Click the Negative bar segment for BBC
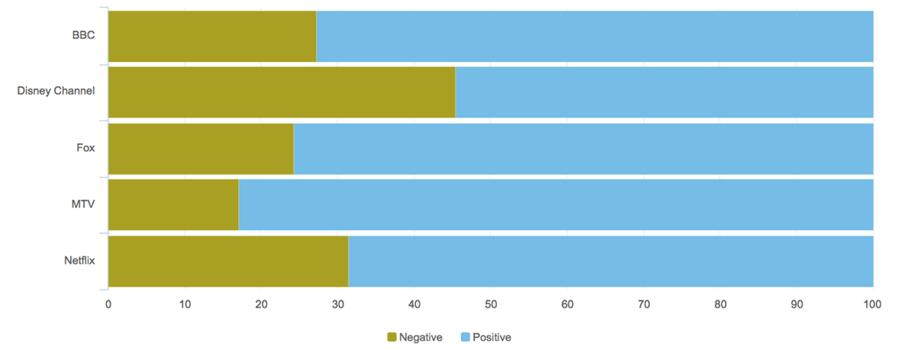tap(211, 37)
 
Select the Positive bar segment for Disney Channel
tap(664, 92)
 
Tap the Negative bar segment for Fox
tap(200, 149)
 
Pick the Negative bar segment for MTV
tap(173, 204)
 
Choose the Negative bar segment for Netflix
tap(228, 261)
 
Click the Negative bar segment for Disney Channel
tap(281, 92)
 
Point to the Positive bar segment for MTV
tap(555, 204)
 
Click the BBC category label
tap(83, 35)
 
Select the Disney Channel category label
tap(56, 91)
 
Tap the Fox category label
tap(86, 147)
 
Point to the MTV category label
tap(83, 204)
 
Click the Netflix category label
tap(79, 260)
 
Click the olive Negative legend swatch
tap(392, 337)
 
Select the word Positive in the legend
tap(491, 337)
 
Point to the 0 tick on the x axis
tap(108, 304)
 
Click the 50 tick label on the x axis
tap(491, 304)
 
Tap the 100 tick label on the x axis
tap(872, 304)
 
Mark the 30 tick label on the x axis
tap(337, 304)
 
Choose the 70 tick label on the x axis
tap(644, 304)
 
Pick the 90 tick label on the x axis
tap(796, 304)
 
